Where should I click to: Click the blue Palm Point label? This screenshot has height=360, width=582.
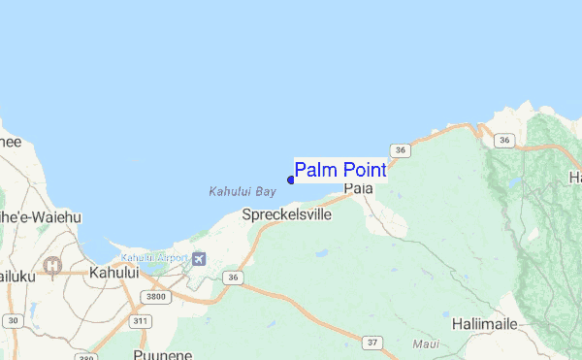[339, 171]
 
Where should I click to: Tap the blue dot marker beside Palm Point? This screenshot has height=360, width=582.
[290, 179]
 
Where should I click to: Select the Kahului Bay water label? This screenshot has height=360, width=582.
[236, 192]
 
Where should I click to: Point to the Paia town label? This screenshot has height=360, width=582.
[358, 187]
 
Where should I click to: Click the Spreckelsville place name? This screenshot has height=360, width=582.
[286, 213]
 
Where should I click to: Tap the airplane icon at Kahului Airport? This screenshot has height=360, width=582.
[200, 258]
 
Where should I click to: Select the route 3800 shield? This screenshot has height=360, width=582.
[151, 296]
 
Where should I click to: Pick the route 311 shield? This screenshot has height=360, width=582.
[142, 320]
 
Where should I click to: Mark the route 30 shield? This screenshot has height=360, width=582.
[12, 319]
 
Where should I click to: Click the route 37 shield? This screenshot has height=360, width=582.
[373, 342]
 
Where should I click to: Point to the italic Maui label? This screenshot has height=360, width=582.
[426, 344]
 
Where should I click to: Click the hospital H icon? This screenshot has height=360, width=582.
[53, 265]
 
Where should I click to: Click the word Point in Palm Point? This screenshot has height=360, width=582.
[364, 171]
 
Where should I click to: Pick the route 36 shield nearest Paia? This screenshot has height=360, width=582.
[400, 150]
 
